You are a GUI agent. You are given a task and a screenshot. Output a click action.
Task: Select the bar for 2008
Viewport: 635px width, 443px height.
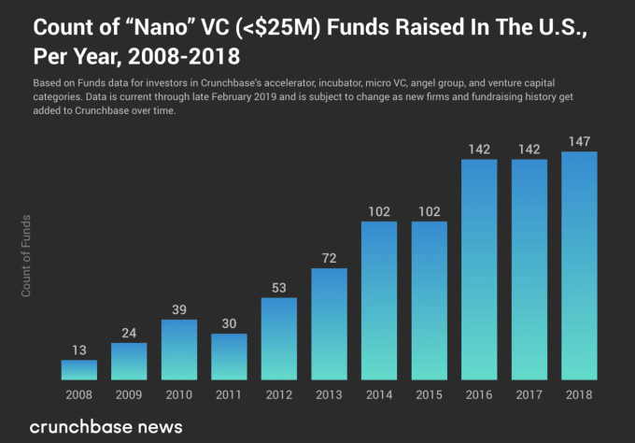(79, 370)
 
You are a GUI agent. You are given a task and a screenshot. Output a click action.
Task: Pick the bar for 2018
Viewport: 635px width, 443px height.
(578, 265)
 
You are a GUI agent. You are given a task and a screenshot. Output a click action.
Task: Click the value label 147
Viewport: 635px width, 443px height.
(578, 141)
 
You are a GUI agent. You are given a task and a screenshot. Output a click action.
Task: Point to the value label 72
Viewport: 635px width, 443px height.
(329, 257)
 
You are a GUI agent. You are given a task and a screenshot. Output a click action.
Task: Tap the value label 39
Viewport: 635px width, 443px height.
(179, 309)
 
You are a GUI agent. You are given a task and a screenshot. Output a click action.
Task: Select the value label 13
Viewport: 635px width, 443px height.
(79, 350)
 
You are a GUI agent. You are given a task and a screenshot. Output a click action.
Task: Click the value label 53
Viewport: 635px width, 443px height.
(279, 287)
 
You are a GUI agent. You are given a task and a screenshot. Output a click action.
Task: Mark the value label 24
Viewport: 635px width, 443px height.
(129, 332)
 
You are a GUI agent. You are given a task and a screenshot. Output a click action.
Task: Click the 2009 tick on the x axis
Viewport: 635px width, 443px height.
(129, 393)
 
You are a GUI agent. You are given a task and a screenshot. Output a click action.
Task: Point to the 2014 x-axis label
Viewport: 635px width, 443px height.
(378, 393)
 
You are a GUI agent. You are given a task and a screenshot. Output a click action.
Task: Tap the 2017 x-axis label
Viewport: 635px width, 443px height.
(529, 393)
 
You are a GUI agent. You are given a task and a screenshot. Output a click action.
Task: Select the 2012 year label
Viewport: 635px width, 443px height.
(279, 393)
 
